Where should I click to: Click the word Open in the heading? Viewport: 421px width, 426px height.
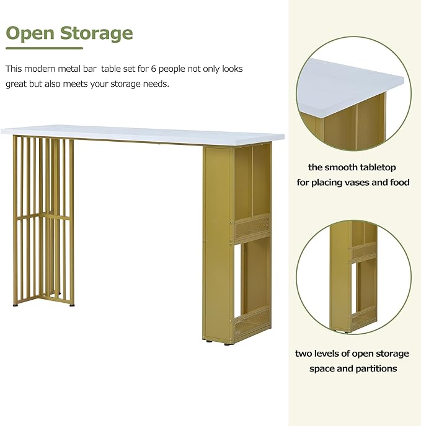[x=30, y=33]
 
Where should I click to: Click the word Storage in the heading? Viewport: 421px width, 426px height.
[x=96, y=33]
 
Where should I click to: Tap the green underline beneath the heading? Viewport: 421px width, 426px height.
[x=45, y=48]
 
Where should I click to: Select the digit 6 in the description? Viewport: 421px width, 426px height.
[x=154, y=69]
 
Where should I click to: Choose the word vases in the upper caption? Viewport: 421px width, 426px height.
[x=357, y=182]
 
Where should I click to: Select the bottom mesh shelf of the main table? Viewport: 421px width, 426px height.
[x=252, y=323]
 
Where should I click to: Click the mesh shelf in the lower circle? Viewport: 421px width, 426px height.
[x=365, y=252]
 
